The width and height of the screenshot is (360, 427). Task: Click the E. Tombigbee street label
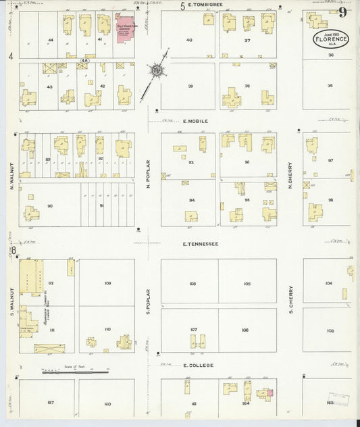tap(203, 7)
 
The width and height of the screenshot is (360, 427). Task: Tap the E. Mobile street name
tap(196, 121)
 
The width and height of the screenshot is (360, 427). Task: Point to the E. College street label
tap(198, 366)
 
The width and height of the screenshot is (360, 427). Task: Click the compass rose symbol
tap(157, 69)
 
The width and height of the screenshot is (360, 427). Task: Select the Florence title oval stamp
tap(331, 40)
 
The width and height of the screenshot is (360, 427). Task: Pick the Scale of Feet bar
tap(74, 371)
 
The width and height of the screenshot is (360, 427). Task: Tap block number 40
tap(189, 40)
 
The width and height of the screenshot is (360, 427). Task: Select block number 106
tap(245, 330)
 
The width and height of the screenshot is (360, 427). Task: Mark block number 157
tap(50, 403)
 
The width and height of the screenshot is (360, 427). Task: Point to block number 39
tap(190, 86)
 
